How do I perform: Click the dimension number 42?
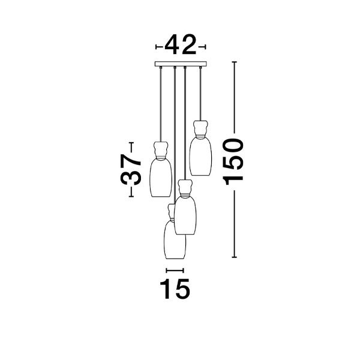(181, 45)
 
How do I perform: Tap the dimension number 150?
(233, 161)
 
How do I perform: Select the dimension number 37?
(131, 169)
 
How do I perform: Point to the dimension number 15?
(175, 289)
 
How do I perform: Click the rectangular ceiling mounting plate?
(181, 64)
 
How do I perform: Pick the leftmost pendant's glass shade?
(161, 178)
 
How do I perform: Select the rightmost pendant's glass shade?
(200, 157)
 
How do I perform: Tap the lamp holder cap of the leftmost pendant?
(161, 149)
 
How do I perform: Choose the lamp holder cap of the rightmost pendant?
(200, 128)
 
